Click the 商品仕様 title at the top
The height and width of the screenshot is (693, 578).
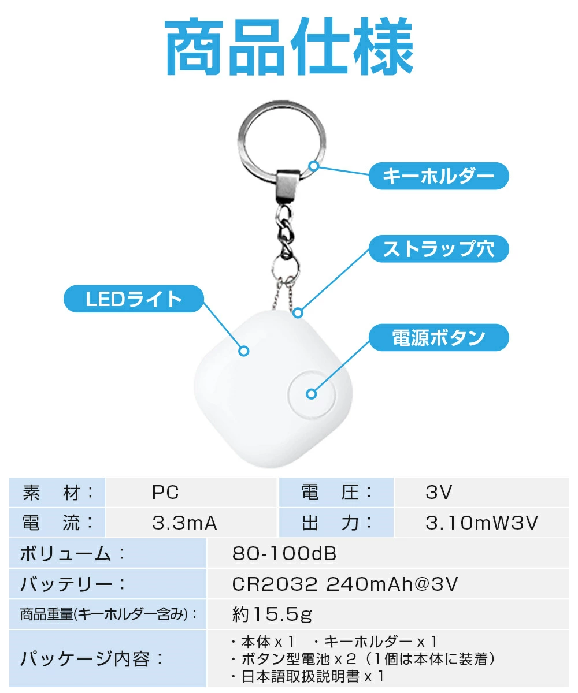tap(289, 46)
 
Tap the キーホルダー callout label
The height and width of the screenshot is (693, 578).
tap(439, 176)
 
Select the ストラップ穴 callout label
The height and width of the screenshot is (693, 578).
tap(439, 249)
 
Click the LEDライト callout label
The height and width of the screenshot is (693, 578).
tap(134, 299)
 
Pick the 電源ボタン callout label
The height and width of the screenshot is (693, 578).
tap(439, 337)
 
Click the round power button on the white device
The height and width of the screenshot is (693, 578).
tap(312, 394)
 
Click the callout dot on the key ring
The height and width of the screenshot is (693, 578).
tap(313, 166)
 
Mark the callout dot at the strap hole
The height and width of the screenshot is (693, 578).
tap(298, 312)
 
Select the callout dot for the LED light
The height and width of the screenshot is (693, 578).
tap(244, 351)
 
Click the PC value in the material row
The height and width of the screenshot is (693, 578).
tap(165, 492)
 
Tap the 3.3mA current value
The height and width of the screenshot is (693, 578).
tap(185, 523)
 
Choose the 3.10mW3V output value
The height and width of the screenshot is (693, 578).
tap(481, 523)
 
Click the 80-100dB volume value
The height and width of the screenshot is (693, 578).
tap(284, 553)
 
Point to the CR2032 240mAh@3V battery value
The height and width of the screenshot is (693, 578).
tap(345, 584)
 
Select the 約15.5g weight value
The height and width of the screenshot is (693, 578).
tap(272, 614)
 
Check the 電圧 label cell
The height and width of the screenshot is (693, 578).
tap(336, 492)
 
